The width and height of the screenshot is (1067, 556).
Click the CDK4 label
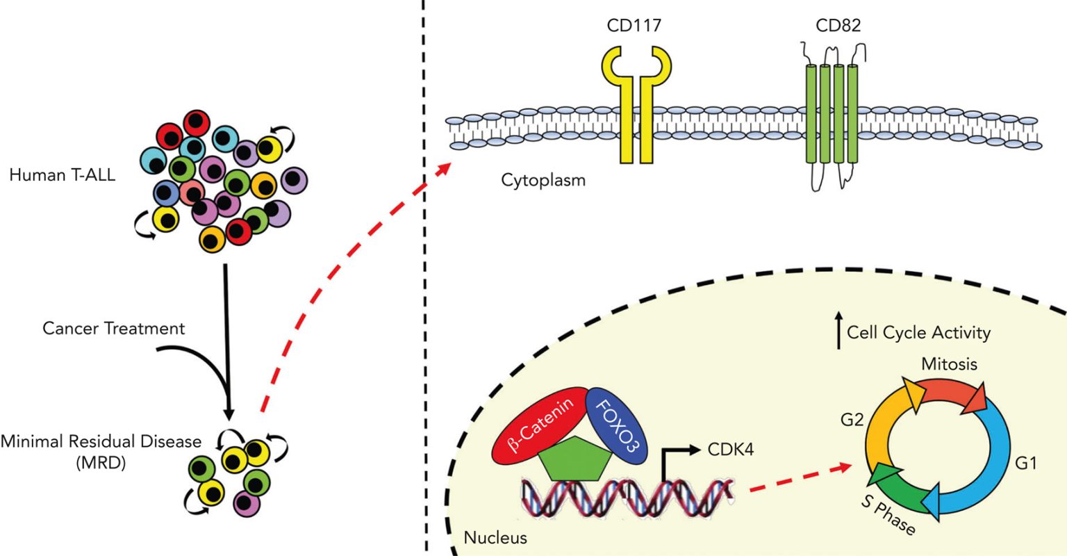(729, 450)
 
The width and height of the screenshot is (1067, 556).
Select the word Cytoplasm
(543, 180)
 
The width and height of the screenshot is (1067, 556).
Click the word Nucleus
(495, 537)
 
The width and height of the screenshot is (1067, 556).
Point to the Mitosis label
(949, 363)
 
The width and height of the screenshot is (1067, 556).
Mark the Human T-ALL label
(63, 175)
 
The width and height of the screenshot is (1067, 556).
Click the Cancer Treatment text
(114, 327)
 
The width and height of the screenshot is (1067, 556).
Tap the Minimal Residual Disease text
(101, 441)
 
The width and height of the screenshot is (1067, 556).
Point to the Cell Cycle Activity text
(918, 333)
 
